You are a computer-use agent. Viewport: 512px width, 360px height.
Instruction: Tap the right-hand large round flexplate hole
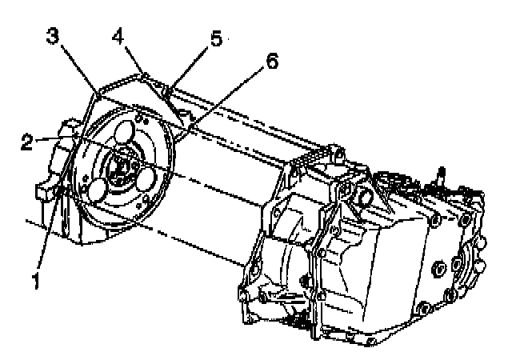pyautogui.click(x=147, y=180)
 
